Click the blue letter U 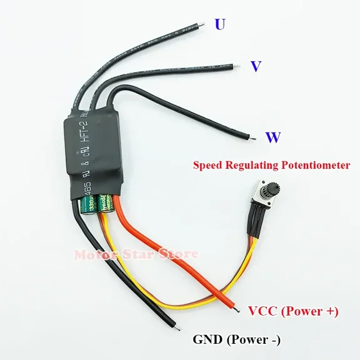(219, 24)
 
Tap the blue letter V (255, 67)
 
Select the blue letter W (272, 137)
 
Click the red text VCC (262, 311)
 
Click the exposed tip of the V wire (236, 63)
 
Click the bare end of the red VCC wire (238, 307)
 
